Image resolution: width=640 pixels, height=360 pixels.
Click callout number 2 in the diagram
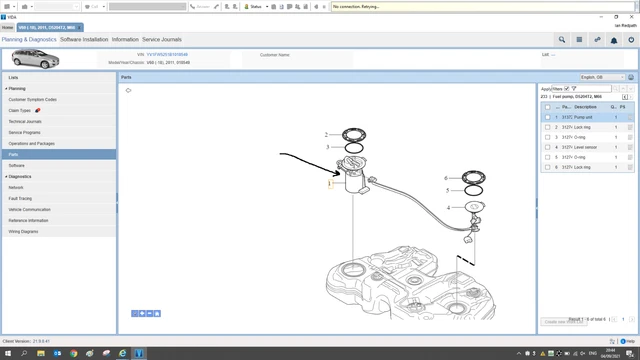[326, 134]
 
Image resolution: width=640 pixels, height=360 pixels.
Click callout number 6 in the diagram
[446, 178]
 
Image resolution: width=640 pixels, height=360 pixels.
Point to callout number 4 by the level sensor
[449, 207]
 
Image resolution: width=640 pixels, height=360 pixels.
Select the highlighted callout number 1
[329, 184]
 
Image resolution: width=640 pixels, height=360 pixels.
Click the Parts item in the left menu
[14, 155]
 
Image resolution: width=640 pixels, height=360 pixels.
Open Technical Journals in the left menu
[25, 121]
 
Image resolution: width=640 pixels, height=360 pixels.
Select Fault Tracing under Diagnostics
[20, 198]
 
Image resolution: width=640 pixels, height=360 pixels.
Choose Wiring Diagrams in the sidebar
[25, 231]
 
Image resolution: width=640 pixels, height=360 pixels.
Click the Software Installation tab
[84, 39]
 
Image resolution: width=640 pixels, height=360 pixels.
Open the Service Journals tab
[162, 39]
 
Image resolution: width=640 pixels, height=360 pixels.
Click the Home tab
[8, 27]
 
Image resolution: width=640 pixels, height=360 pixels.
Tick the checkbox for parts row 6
[547, 167]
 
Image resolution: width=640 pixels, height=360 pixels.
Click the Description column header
[586, 106]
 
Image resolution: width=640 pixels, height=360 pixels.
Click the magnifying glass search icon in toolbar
[562, 40]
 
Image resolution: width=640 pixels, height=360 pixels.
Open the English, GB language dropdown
[603, 77]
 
